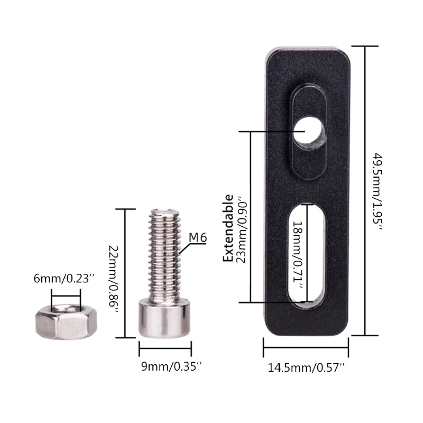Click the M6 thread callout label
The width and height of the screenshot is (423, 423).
[198, 237]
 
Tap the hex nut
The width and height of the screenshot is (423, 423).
[66, 321]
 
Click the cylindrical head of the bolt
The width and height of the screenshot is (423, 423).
[164, 318]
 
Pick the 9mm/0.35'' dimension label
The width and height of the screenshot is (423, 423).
[171, 366]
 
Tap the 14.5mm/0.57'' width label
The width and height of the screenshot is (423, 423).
[306, 367]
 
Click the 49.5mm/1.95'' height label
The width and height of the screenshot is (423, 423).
[378, 191]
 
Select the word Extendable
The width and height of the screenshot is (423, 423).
[228, 228]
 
